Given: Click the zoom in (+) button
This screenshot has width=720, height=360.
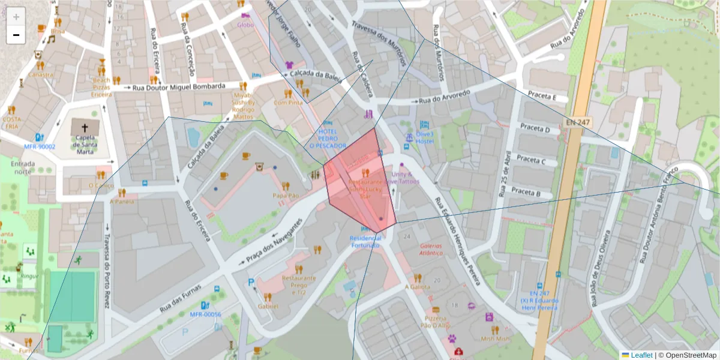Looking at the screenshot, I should point(16,17).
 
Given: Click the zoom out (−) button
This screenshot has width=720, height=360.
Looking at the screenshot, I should point(16,35).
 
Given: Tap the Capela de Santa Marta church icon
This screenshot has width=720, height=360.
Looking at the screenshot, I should point(85,127).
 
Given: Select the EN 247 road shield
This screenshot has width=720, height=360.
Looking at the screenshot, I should point(577,122).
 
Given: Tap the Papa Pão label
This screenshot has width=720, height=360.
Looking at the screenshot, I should point(286,196).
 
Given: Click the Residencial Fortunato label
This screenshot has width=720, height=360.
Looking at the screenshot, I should point(365,241).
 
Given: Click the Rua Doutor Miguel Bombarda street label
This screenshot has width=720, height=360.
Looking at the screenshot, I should point(178,86).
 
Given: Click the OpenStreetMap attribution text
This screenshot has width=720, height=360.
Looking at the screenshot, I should point(687,355).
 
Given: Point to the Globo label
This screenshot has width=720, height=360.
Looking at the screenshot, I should point(245,25).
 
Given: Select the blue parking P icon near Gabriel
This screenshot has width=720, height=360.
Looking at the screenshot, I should point(251,282).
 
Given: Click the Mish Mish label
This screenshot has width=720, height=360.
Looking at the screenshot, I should point(495,338).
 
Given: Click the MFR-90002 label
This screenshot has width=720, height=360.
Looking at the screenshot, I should point(40,146).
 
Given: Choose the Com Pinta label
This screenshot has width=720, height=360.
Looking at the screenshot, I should point(288,103).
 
